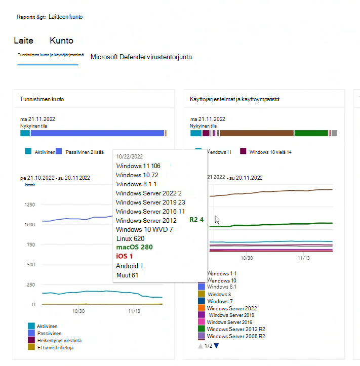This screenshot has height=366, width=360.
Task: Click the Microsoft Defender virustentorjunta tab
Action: pyautogui.click(x=141, y=57)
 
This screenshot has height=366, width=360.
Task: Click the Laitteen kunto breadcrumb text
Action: pyautogui.click(x=65, y=17)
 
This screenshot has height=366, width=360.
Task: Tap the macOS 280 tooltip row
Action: pyautogui.click(x=134, y=247)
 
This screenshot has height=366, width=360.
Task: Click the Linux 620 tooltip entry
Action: pyautogui.click(x=130, y=238)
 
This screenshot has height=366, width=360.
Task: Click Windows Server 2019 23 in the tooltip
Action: pyautogui.click(x=150, y=202)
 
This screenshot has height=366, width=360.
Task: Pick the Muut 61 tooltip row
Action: pyautogui.click(x=127, y=275)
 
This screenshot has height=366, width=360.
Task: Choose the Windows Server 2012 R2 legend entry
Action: pyautogui.click(x=236, y=329)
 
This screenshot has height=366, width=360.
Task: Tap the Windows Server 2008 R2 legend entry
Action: pyautogui.click(x=236, y=336)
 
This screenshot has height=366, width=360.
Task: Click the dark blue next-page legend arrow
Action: pyautogui.click(x=217, y=346)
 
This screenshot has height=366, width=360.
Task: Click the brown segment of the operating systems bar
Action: pyautogui.click(x=257, y=133)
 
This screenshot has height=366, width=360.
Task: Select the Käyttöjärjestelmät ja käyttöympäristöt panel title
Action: pyautogui.click(x=235, y=99)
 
